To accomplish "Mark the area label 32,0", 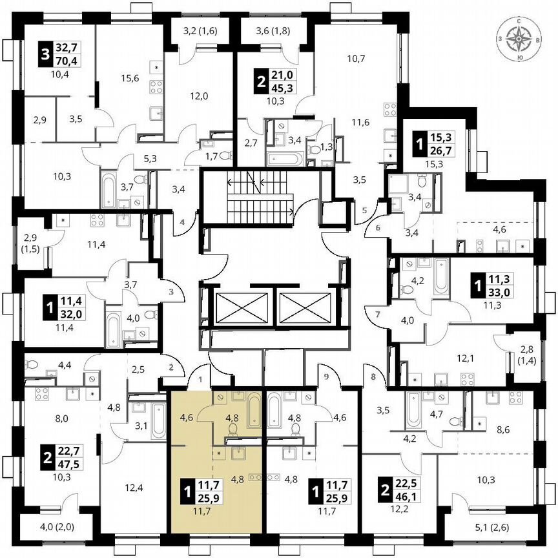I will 71,316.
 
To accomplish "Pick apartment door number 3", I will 171,292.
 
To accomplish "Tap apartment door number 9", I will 327,376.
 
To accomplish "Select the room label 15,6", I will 130,78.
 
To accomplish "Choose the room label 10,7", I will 356,59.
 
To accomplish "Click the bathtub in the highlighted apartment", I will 253,409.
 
